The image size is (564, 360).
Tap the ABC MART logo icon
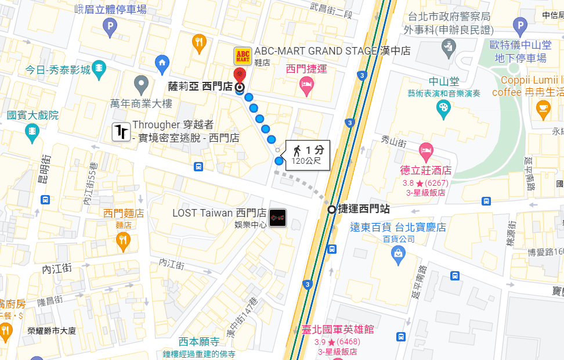click(x=243, y=56)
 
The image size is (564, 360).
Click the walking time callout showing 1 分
click(x=307, y=155)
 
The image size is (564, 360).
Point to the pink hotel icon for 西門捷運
click(x=306, y=87)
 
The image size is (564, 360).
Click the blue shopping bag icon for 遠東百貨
click(x=398, y=253)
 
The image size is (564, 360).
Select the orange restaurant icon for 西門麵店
click(x=123, y=240)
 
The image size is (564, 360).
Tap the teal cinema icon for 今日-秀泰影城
click(x=99, y=70)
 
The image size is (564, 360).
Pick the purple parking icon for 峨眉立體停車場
click(x=110, y=26)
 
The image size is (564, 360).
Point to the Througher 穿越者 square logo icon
click(x=121, y=132)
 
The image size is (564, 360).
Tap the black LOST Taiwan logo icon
click(x=279, y=217)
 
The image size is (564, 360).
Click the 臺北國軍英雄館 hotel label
click(x=337, y=329)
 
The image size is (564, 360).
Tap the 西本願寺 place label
click(x=198, y=341)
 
